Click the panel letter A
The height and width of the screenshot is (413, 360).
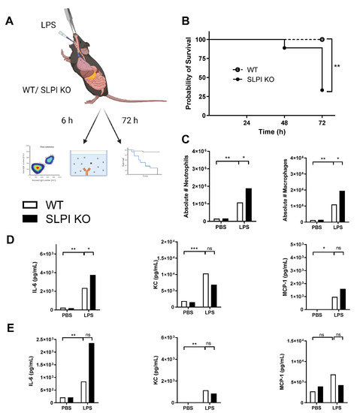coord(8,21)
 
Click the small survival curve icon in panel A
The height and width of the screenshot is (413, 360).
coord(150,162)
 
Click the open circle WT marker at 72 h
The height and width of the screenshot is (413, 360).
coord(322,39)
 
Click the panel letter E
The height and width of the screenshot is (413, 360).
coord(8,328)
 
